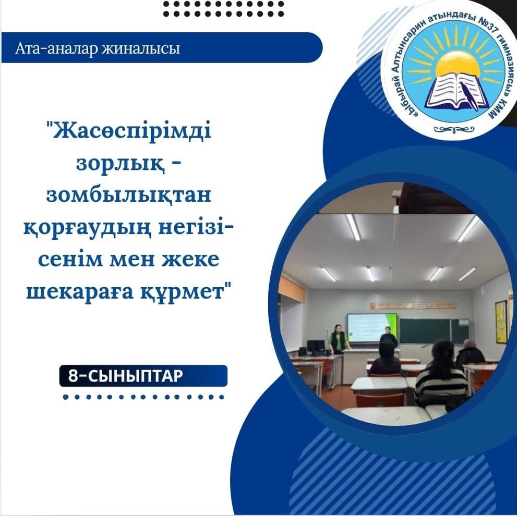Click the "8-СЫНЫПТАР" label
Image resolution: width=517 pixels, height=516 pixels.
125,376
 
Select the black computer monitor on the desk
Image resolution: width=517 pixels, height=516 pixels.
316,346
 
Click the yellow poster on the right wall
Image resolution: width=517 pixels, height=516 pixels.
501,321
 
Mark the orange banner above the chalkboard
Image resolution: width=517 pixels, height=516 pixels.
412,305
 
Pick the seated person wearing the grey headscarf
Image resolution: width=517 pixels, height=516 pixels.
470,352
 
